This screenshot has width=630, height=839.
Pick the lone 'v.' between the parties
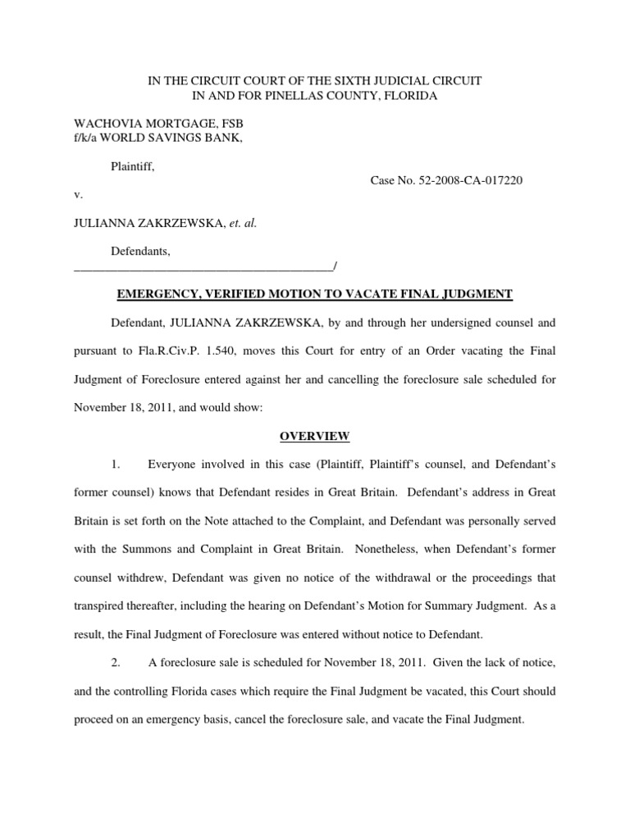[x=78, y=195]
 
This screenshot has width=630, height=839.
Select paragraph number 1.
[x=116, y=465]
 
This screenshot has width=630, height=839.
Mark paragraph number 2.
[x=116, y=662]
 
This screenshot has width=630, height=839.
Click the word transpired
[x=101, y=606]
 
